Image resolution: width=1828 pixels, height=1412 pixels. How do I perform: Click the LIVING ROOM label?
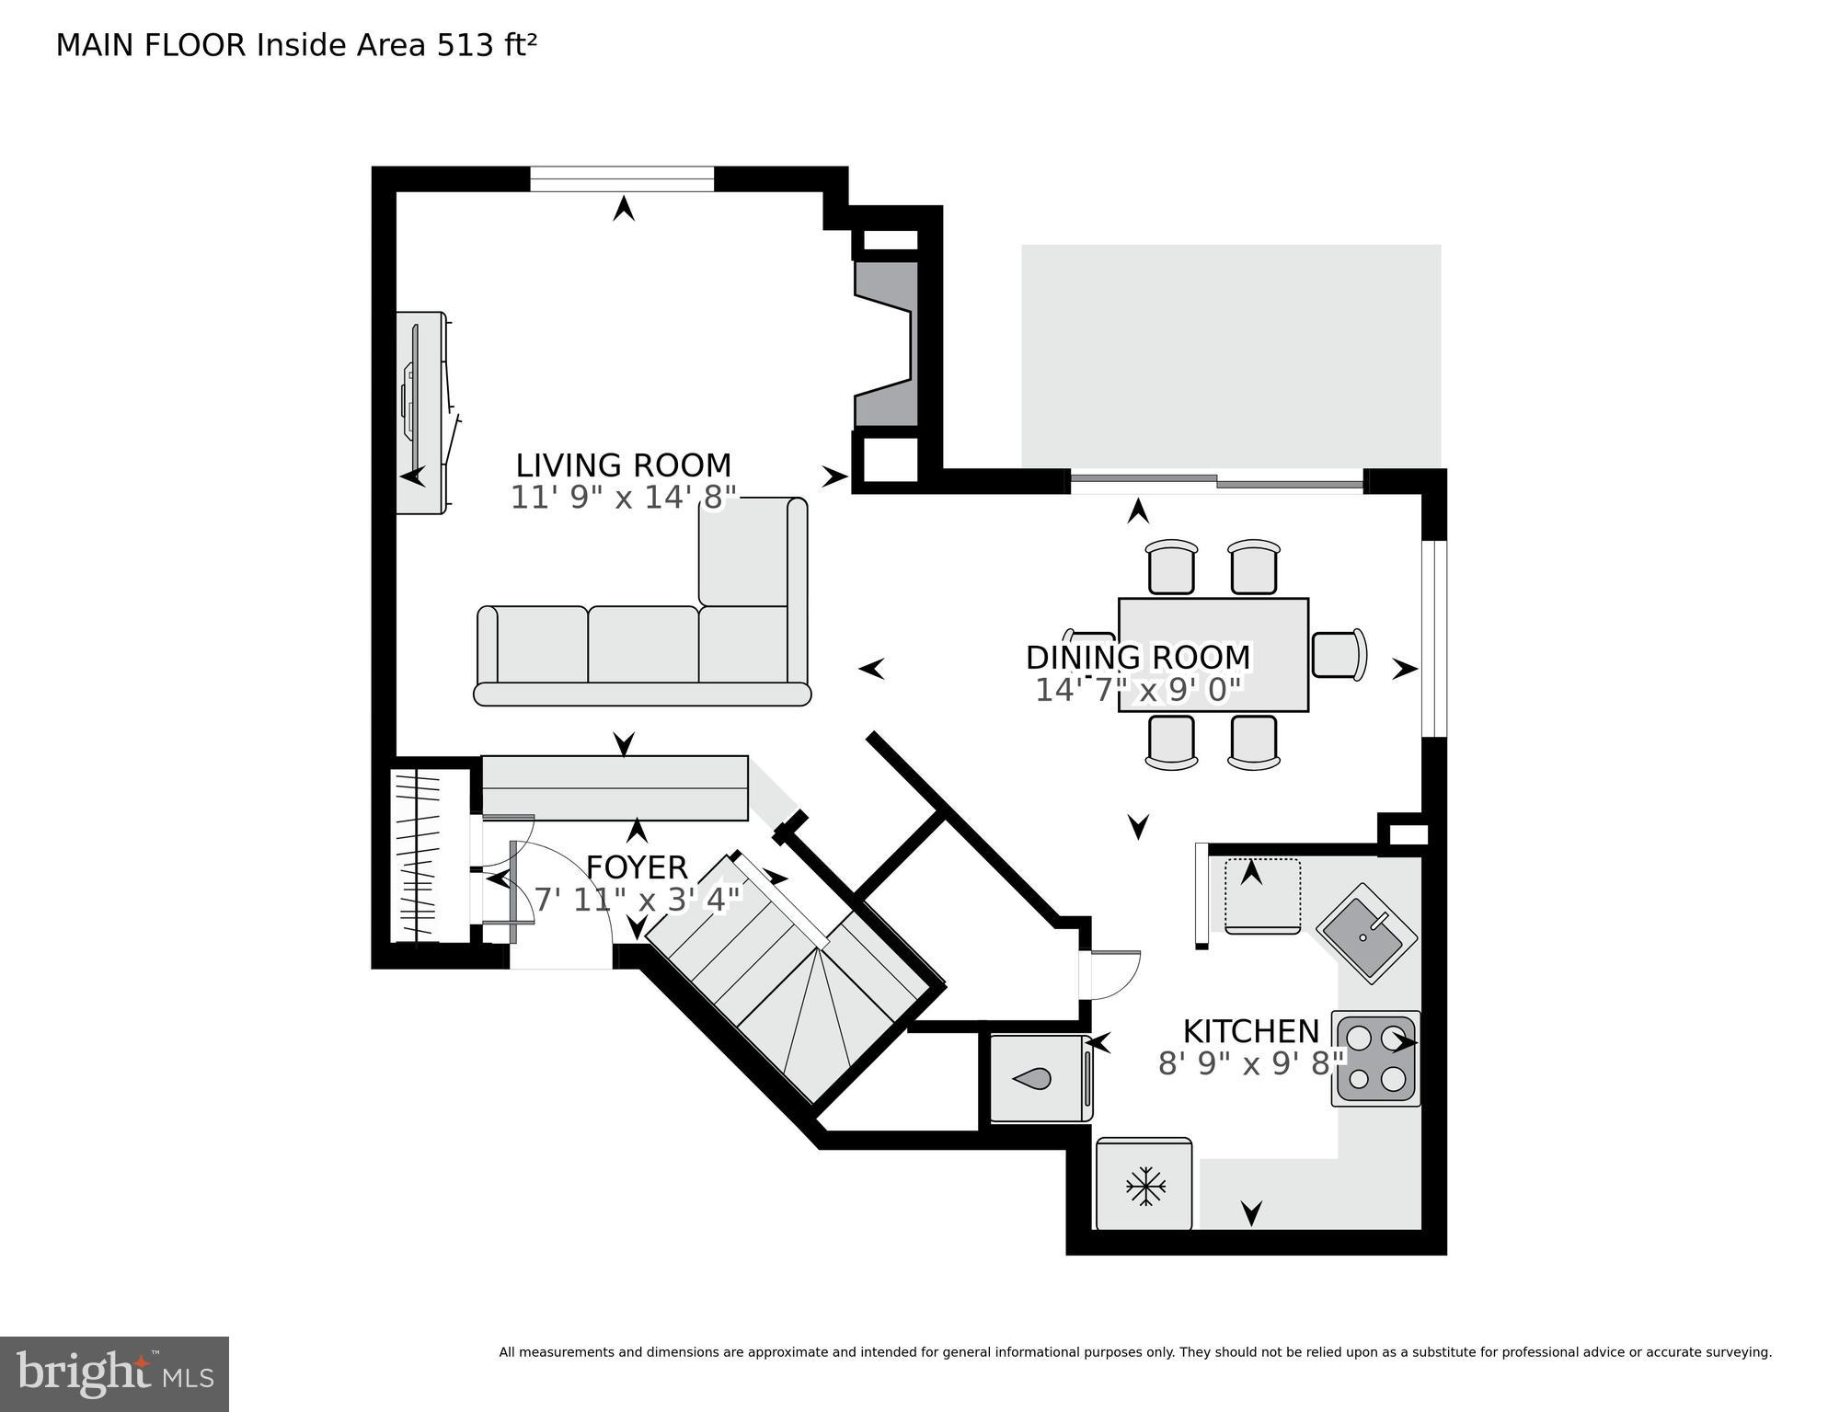[623, 465]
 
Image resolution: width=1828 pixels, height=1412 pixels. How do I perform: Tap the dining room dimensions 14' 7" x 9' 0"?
[1138, 690]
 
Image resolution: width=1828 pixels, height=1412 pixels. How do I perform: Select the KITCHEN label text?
[1250, 1030]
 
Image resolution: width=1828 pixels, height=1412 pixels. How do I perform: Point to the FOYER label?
[637, 867]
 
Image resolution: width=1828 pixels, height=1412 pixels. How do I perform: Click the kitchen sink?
[1367, 934]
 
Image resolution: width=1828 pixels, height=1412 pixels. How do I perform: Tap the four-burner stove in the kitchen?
[1375, 1058]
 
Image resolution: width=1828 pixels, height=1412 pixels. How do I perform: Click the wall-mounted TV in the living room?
[421, 412]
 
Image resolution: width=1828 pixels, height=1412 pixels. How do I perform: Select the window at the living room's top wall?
[622, 178]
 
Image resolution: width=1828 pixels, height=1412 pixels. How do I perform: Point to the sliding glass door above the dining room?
[1216, 481]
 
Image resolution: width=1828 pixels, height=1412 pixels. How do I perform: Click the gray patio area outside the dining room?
[1230, 354]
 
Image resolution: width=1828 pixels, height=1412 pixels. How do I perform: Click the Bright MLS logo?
[114, 1373]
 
